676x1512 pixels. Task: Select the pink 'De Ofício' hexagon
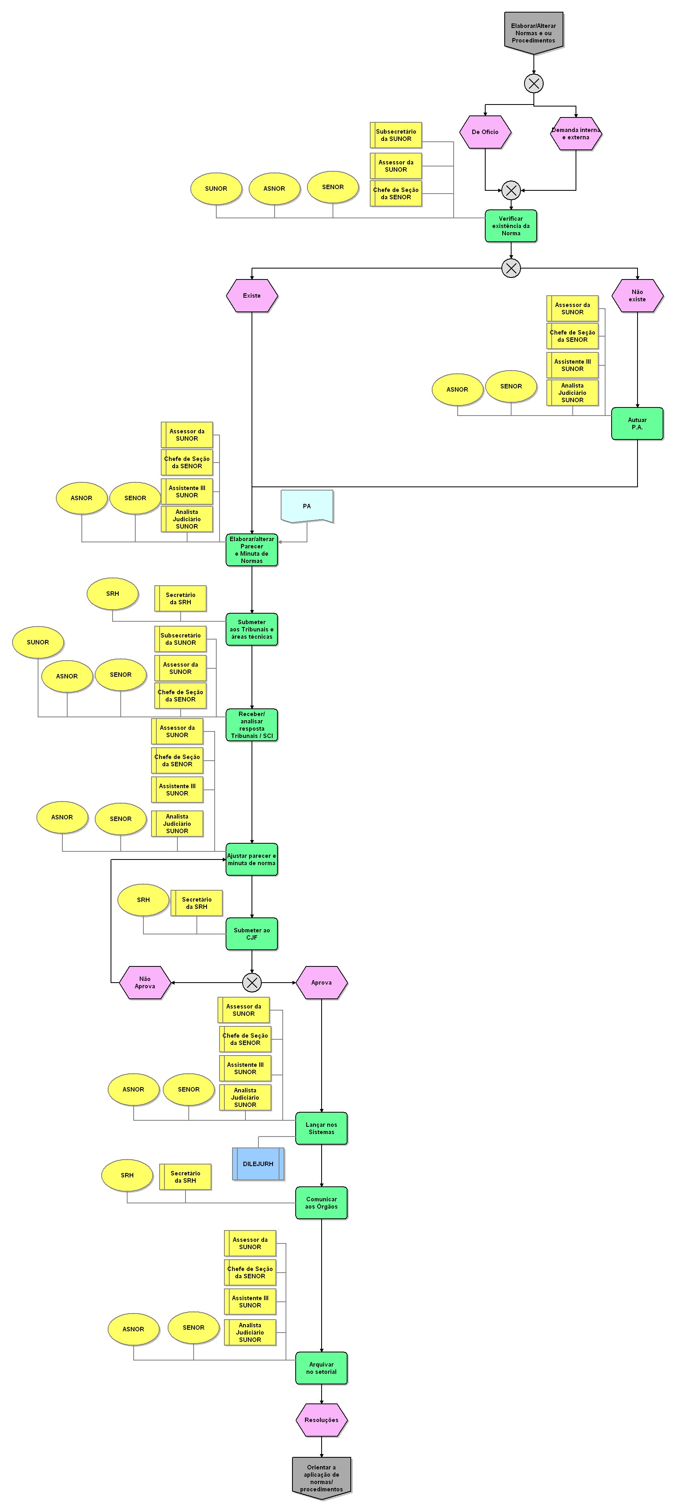pos(485,132)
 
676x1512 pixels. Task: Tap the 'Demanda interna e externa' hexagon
pos(575,133)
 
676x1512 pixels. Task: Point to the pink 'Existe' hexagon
pos(252,295)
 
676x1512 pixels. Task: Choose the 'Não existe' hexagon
pos(637,295)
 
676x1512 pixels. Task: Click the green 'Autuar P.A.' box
pos(637,423)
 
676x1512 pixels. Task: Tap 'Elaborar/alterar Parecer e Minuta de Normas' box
pos(252,549)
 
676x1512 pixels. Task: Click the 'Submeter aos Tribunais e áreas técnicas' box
pos(252,629)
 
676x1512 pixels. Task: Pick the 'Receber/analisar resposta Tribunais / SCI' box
pos(252,725)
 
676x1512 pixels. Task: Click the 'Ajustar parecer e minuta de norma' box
pos(252,859)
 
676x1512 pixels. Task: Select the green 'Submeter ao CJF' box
pos(252,934)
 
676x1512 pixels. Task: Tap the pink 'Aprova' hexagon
pos(321,983)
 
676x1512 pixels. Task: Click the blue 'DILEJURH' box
pos(258,1163)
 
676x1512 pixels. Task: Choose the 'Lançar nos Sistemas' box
pos(321,1128)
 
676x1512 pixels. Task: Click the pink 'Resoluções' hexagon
pos(321,1420)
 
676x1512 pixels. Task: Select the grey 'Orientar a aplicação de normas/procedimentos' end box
pos(321,1478)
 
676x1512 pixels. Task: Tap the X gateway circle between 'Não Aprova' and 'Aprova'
pos(252,983)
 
